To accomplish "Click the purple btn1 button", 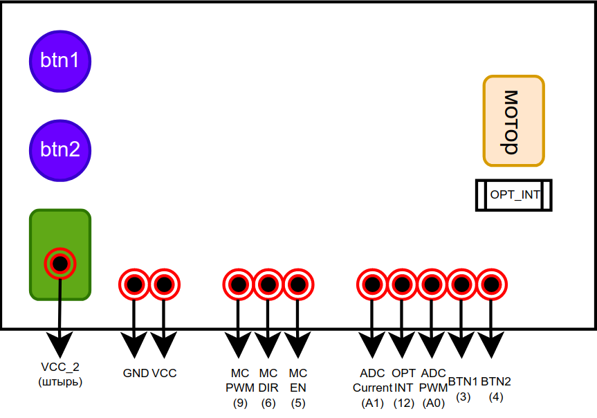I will click(x=59, y=61).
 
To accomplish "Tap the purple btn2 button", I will click(x=59, y=149).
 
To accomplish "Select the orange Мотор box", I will click(x=513, y=122).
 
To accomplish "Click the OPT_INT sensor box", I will click(x=514, y=195).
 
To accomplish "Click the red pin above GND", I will click(x=134, y=284).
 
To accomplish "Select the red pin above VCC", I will click(x=164, y=284).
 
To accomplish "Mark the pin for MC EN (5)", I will click(x=297, y=284).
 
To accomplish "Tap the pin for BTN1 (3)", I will click(x=462, y=284).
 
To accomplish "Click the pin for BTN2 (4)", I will click(x=492, y=284).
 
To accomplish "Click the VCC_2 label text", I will click(x=61, y=367).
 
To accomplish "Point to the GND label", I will click(x=136, y=373).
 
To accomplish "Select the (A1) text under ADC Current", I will click(x=372, y=402).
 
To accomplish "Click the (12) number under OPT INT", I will click(x=403, y=402).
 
